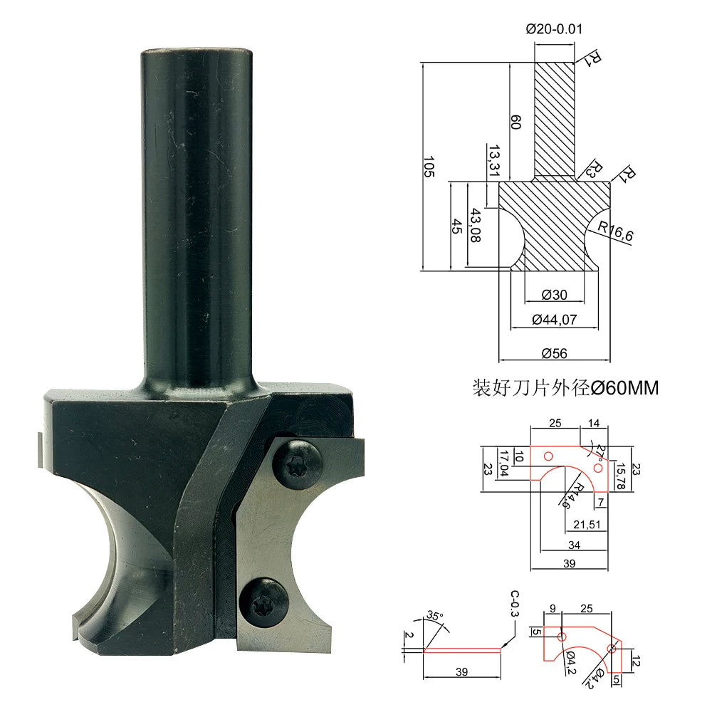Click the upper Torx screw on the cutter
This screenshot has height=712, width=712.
click(x=297, y=464)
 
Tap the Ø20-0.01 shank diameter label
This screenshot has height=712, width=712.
click(x=554, y=29)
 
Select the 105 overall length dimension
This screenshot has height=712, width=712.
click(x=429, y=167)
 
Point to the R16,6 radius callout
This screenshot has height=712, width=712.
click(x=615, y=231)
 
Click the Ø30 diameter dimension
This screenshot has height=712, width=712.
click(x=555, y=295)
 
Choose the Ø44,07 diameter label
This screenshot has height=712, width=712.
click(x=555, y=320)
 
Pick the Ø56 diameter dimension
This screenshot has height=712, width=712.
click(x=555, y=353)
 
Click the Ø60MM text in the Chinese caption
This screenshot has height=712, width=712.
click(x=624, y=388)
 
